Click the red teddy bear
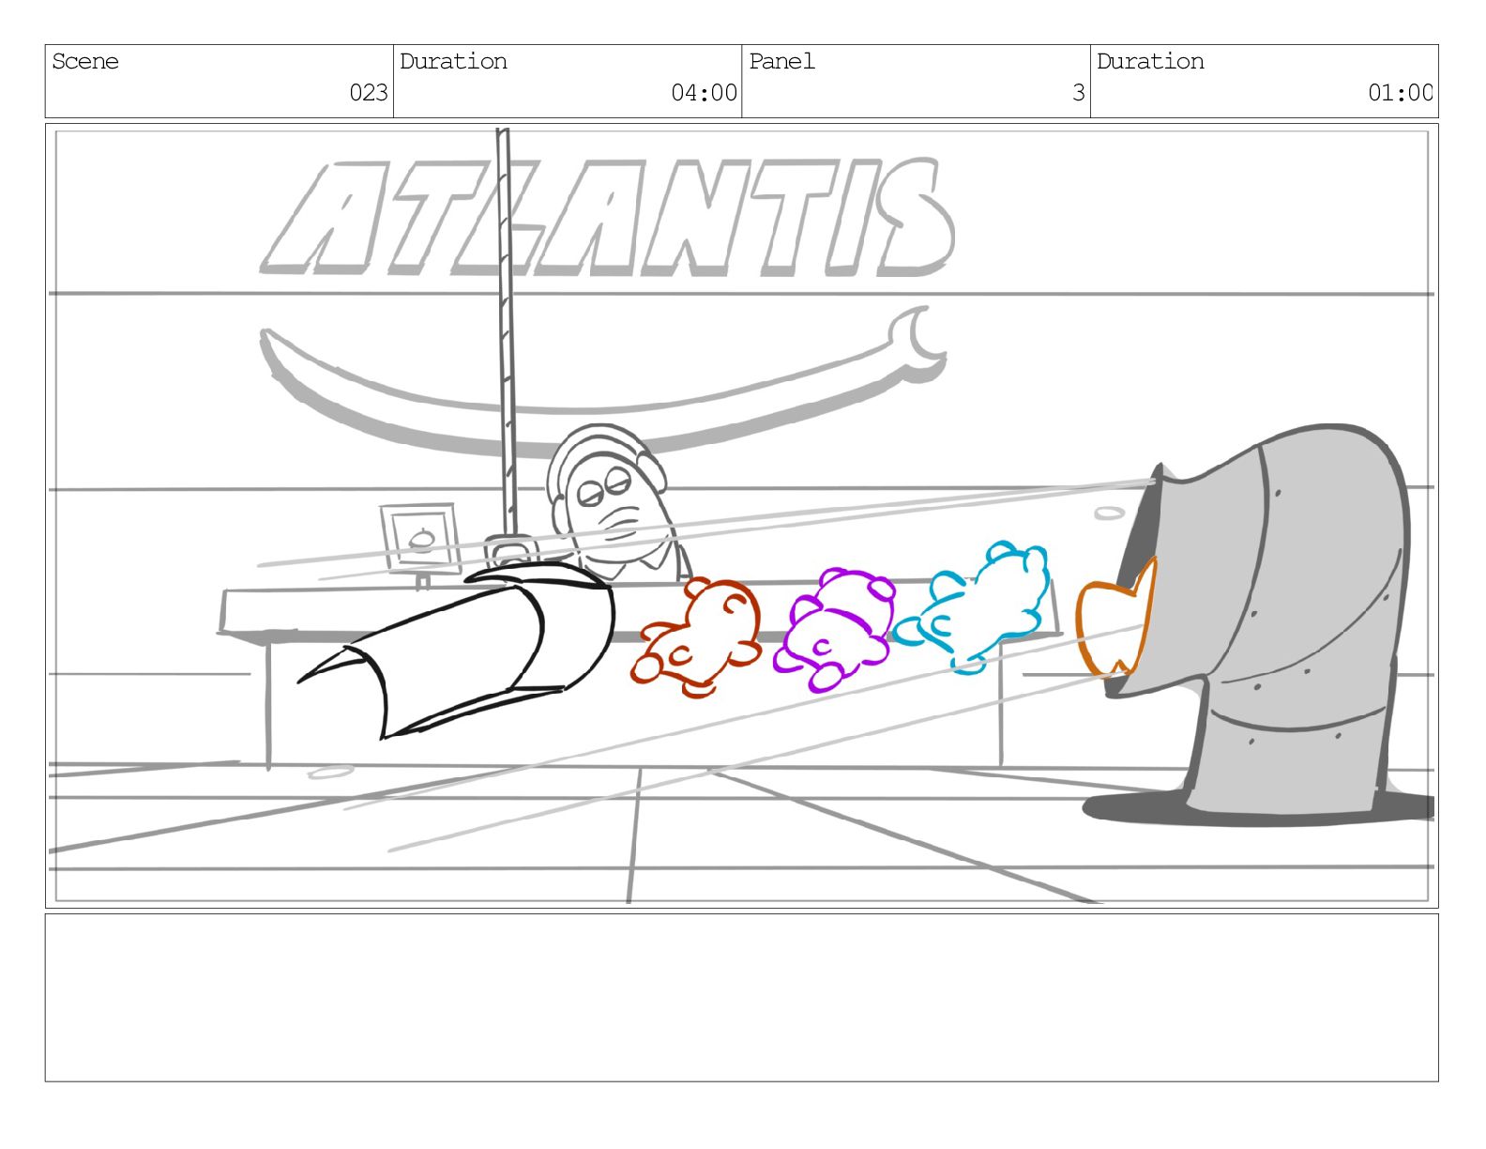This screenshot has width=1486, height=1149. coord(698,637)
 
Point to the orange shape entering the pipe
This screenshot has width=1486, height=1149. coord(1112,626)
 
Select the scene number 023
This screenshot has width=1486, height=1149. coord(368,92)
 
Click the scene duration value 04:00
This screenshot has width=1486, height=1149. coord(704,92)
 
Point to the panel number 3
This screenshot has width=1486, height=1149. coord(1078,92)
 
